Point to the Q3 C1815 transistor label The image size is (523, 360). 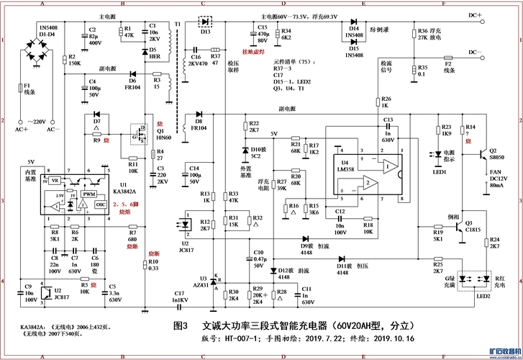(473, 226)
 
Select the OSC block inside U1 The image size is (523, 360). (101, 204)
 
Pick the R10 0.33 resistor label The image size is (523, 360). (153, 264)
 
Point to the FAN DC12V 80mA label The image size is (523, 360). (496, 178)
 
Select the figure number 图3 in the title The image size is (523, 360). (181, 325)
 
